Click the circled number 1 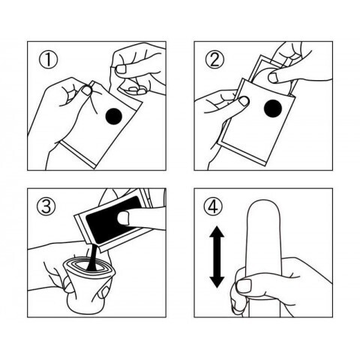[x=48, y=60]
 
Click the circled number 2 [x=214, y=60]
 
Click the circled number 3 [x=46, y=206]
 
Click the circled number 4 [x=213, y=206]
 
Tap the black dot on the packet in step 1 [x=114, y=116]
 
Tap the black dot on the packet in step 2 [x=273, y=108]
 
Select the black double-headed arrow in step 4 [x=217, y=256]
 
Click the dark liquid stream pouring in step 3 [x=92, y=257]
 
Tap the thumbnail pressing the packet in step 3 [x=123, y=217]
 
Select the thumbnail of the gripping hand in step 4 [x=244, y=286]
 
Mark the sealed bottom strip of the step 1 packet [x=78, y=155]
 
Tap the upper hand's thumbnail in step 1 [x=121, y=69]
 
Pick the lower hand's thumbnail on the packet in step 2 [x=244, y=101]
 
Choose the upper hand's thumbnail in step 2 [x=273, y=78]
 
